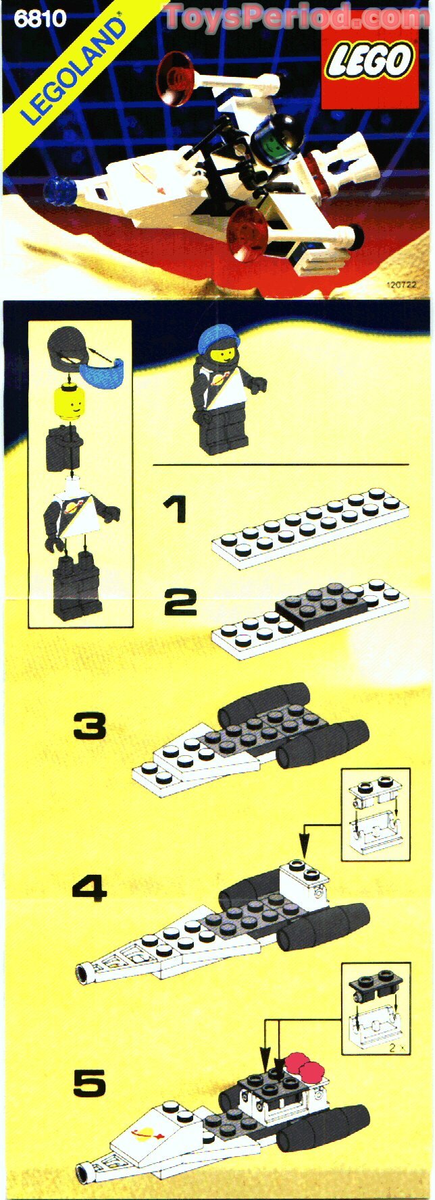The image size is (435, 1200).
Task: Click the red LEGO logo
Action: point(369,61)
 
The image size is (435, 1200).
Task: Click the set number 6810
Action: point(40,19)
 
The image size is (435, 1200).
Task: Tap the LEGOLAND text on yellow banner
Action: point(74,70)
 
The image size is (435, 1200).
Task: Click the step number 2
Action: point(180,602)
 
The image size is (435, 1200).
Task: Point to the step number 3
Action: point(90,726)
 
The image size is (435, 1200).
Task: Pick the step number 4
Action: point(89,888)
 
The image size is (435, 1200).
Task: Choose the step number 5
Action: point(90,1083)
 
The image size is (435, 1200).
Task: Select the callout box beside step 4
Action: point(376,814)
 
